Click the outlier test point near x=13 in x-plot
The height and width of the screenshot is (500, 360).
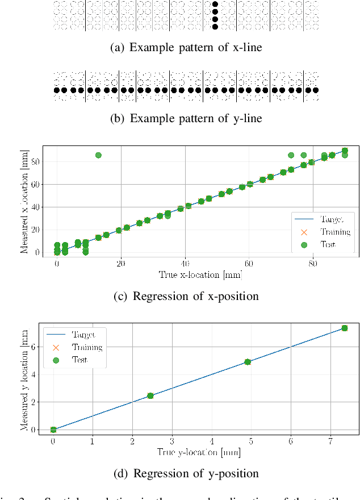[x=98, y=155]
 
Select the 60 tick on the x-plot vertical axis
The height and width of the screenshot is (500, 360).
[x=35, y=185]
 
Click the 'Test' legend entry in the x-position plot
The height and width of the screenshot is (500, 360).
[x=324, y=244]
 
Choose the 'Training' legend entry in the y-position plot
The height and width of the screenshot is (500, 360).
[x=74, y=347]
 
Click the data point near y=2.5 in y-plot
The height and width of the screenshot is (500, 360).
[x=150, y=395]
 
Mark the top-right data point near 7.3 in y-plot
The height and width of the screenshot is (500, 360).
[x=344, y=328]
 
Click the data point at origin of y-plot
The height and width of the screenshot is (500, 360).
[x=53, y=430]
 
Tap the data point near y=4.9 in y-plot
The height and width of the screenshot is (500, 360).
[x=248, y=362]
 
